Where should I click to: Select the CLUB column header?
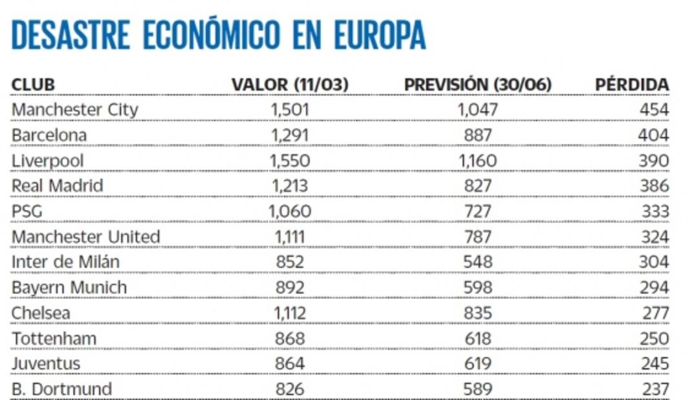tap(33, 85)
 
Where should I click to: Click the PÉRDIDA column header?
tap(632, 85)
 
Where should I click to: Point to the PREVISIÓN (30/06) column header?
tap(478, 85)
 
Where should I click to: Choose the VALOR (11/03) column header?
tap(290, 85)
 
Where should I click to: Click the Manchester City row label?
tap(75, 110)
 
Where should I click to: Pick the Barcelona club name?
tap(49, 135)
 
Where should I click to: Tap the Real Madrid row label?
tap(57, 186)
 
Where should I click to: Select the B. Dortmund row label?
tap(62, 389)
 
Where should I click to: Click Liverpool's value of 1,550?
tap(291, 161)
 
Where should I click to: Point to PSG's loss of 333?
tap(655, 212)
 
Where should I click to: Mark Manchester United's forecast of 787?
tap(478, 237)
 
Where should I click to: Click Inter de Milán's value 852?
tap(290, 262)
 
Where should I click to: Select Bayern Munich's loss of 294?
tap(654, 288)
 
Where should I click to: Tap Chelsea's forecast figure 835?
tap(478, 313)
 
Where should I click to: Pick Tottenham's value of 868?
tap(290, 338)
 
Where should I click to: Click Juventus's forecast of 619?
tap(478, 364)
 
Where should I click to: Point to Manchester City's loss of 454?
tap(654, 110)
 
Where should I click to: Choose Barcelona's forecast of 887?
tap(478, 135)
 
